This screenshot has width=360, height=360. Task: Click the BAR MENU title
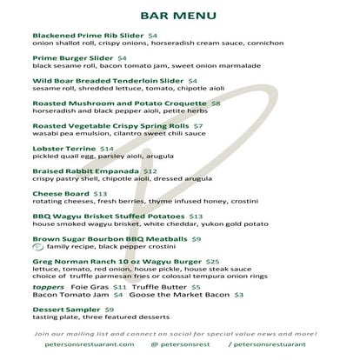click(x=179, y=16)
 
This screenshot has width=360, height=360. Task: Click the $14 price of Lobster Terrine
click(x=107, y=149)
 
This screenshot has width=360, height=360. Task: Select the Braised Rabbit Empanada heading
click(x=86, y=171)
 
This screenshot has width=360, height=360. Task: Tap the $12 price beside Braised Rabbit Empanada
click(x=150, y=171)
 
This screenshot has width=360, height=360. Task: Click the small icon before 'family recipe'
click(x=38, y=248)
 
